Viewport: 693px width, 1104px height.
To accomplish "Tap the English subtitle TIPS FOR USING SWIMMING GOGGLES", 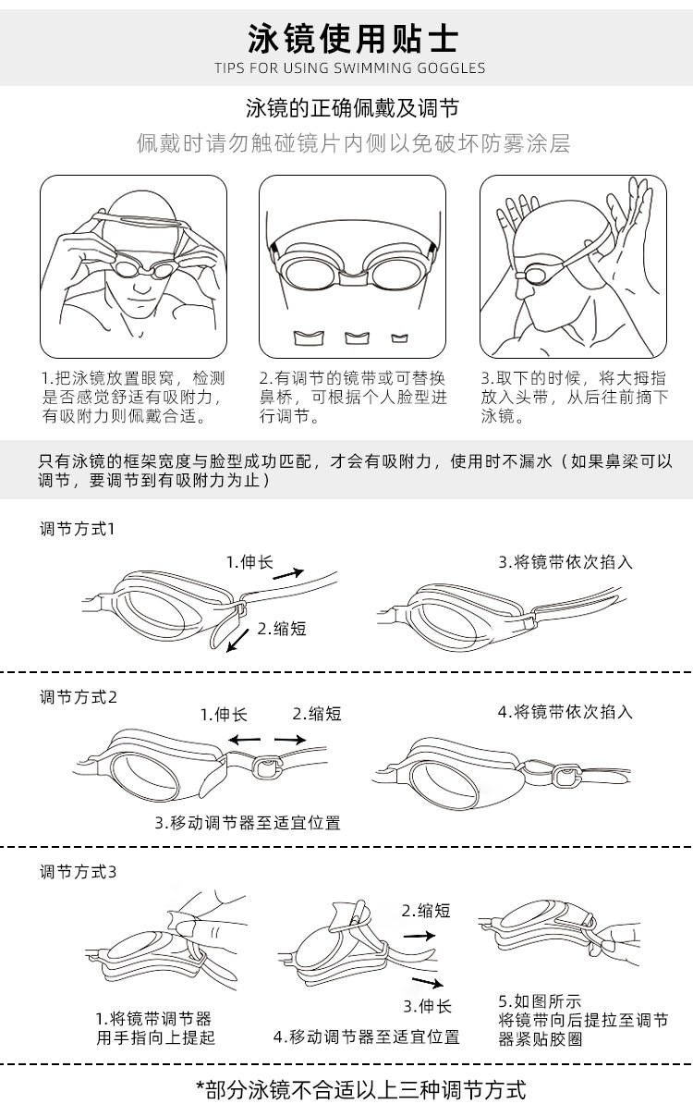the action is click(349, 68).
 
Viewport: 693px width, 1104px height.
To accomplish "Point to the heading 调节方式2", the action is click(79, 697).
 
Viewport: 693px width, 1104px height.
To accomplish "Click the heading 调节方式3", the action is click(79, 872).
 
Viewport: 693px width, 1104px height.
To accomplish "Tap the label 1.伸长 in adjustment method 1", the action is click(249, 562).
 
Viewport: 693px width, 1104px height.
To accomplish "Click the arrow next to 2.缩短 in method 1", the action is click(238, 640).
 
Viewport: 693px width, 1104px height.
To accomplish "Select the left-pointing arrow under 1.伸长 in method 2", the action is click(244, 740).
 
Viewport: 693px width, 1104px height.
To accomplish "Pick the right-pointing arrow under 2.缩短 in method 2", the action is click(290, 740).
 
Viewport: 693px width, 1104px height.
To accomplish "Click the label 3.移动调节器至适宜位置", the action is click(248, 822).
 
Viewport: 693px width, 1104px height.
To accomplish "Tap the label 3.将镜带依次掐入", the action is click(565, 562).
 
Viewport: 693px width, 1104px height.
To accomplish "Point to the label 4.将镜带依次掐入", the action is click(565, 712).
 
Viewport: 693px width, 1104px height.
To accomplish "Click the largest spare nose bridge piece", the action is click(309, 337).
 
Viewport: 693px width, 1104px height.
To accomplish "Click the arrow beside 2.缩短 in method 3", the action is click(419, 936).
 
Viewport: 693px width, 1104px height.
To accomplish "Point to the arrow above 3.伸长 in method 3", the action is click(428, 982).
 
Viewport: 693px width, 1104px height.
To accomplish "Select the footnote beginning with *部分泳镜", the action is click(360, 1089).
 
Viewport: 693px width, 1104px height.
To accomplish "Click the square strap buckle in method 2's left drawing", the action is click(266, 766).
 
